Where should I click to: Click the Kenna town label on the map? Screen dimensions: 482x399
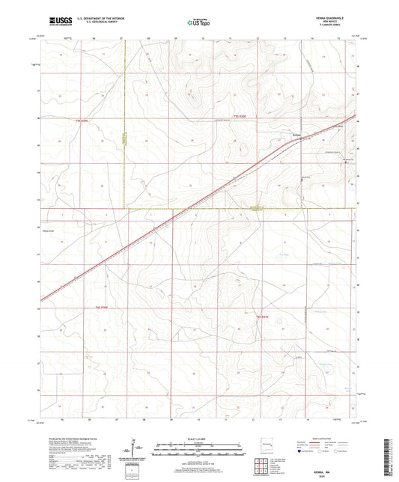(x=296, y=135)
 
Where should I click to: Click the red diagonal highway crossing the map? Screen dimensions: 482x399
(x=187, y=210)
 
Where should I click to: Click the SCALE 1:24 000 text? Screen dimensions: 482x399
(x=199, y=439)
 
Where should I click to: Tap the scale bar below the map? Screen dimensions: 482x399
(x=199, y=449)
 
